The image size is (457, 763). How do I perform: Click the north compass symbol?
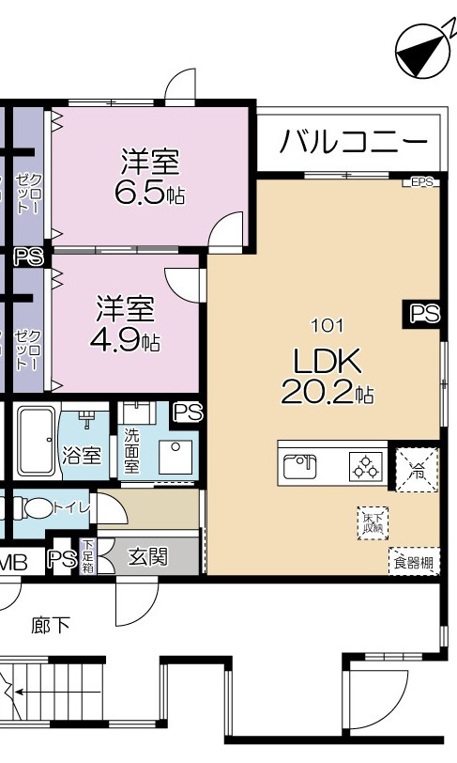point(419,52)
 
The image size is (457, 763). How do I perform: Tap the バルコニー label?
point(354,143)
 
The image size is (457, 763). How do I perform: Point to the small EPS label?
point(422,182)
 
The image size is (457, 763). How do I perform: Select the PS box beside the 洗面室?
point(188,412)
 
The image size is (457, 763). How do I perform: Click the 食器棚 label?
point(414,563)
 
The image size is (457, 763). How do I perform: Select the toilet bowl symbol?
point(38,508)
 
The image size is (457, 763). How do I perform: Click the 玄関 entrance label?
point(147,557)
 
